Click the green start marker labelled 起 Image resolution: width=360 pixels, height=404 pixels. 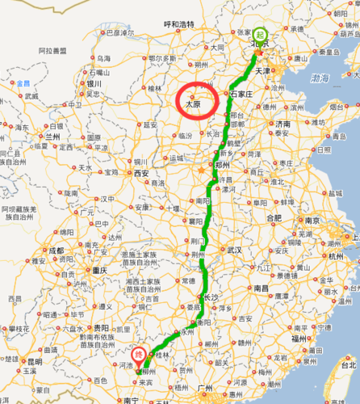[x=260, y=35]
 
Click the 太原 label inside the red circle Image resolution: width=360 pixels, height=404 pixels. [x=191, y=104]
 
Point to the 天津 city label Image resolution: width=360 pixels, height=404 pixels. [x=262, y=70]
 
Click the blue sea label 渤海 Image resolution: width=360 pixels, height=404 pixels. [x=320, y=78]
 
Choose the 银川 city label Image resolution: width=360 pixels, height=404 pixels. [x=94, y=83]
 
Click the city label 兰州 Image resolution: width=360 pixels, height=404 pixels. [x=53, y=137]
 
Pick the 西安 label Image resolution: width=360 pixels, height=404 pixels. [x=142, y=173]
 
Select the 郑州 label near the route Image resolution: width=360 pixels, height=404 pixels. [x=221, y=162]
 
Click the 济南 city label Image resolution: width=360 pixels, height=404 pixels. [x=283, y=124]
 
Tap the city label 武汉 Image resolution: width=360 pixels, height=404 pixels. [x=234, y=250]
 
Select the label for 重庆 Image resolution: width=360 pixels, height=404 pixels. [x=99, y=270]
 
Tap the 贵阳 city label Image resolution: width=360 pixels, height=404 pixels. [x=100, y=329]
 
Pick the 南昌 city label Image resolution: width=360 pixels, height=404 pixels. [x=261, y=287]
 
